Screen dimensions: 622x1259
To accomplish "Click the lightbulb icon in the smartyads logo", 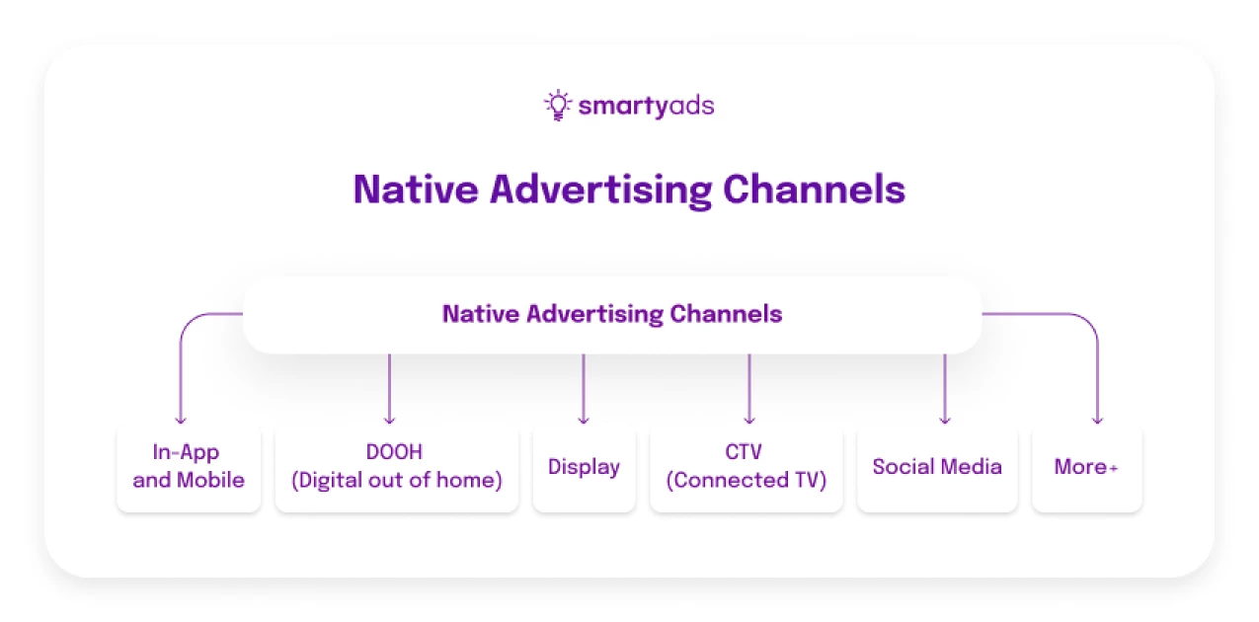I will point(558,105).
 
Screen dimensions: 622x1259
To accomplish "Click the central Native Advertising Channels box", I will point(612,315).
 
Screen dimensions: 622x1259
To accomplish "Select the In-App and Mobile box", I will point(189,467).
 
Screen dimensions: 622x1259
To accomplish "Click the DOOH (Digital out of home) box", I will point(396,467).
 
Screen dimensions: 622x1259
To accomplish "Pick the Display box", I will point(584,467).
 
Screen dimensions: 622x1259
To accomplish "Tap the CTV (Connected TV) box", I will point(747,467).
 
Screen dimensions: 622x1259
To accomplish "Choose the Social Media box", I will point(937,467).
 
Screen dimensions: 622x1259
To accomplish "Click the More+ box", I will point(1086,467).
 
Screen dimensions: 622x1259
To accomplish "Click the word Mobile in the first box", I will point(210,481).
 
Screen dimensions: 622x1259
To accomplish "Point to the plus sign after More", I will point(1114,469).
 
